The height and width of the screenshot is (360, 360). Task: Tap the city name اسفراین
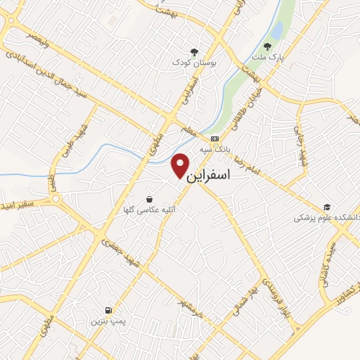(x=210, y=176)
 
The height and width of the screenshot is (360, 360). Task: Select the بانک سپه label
(x=214, y=150)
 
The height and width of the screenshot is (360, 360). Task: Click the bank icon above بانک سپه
(x=214, y=139)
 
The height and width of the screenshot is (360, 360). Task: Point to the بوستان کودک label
(x=194, y=63)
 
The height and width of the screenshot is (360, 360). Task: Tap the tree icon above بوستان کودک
(x=194, y=51)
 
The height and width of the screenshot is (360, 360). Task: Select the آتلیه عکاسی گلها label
(x=154, y=210)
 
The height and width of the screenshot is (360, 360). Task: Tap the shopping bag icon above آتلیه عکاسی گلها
(x=150, y=198)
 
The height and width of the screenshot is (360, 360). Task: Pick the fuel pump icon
(x=108, y=309)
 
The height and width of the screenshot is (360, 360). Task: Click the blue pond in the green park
(x=277, y=30)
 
